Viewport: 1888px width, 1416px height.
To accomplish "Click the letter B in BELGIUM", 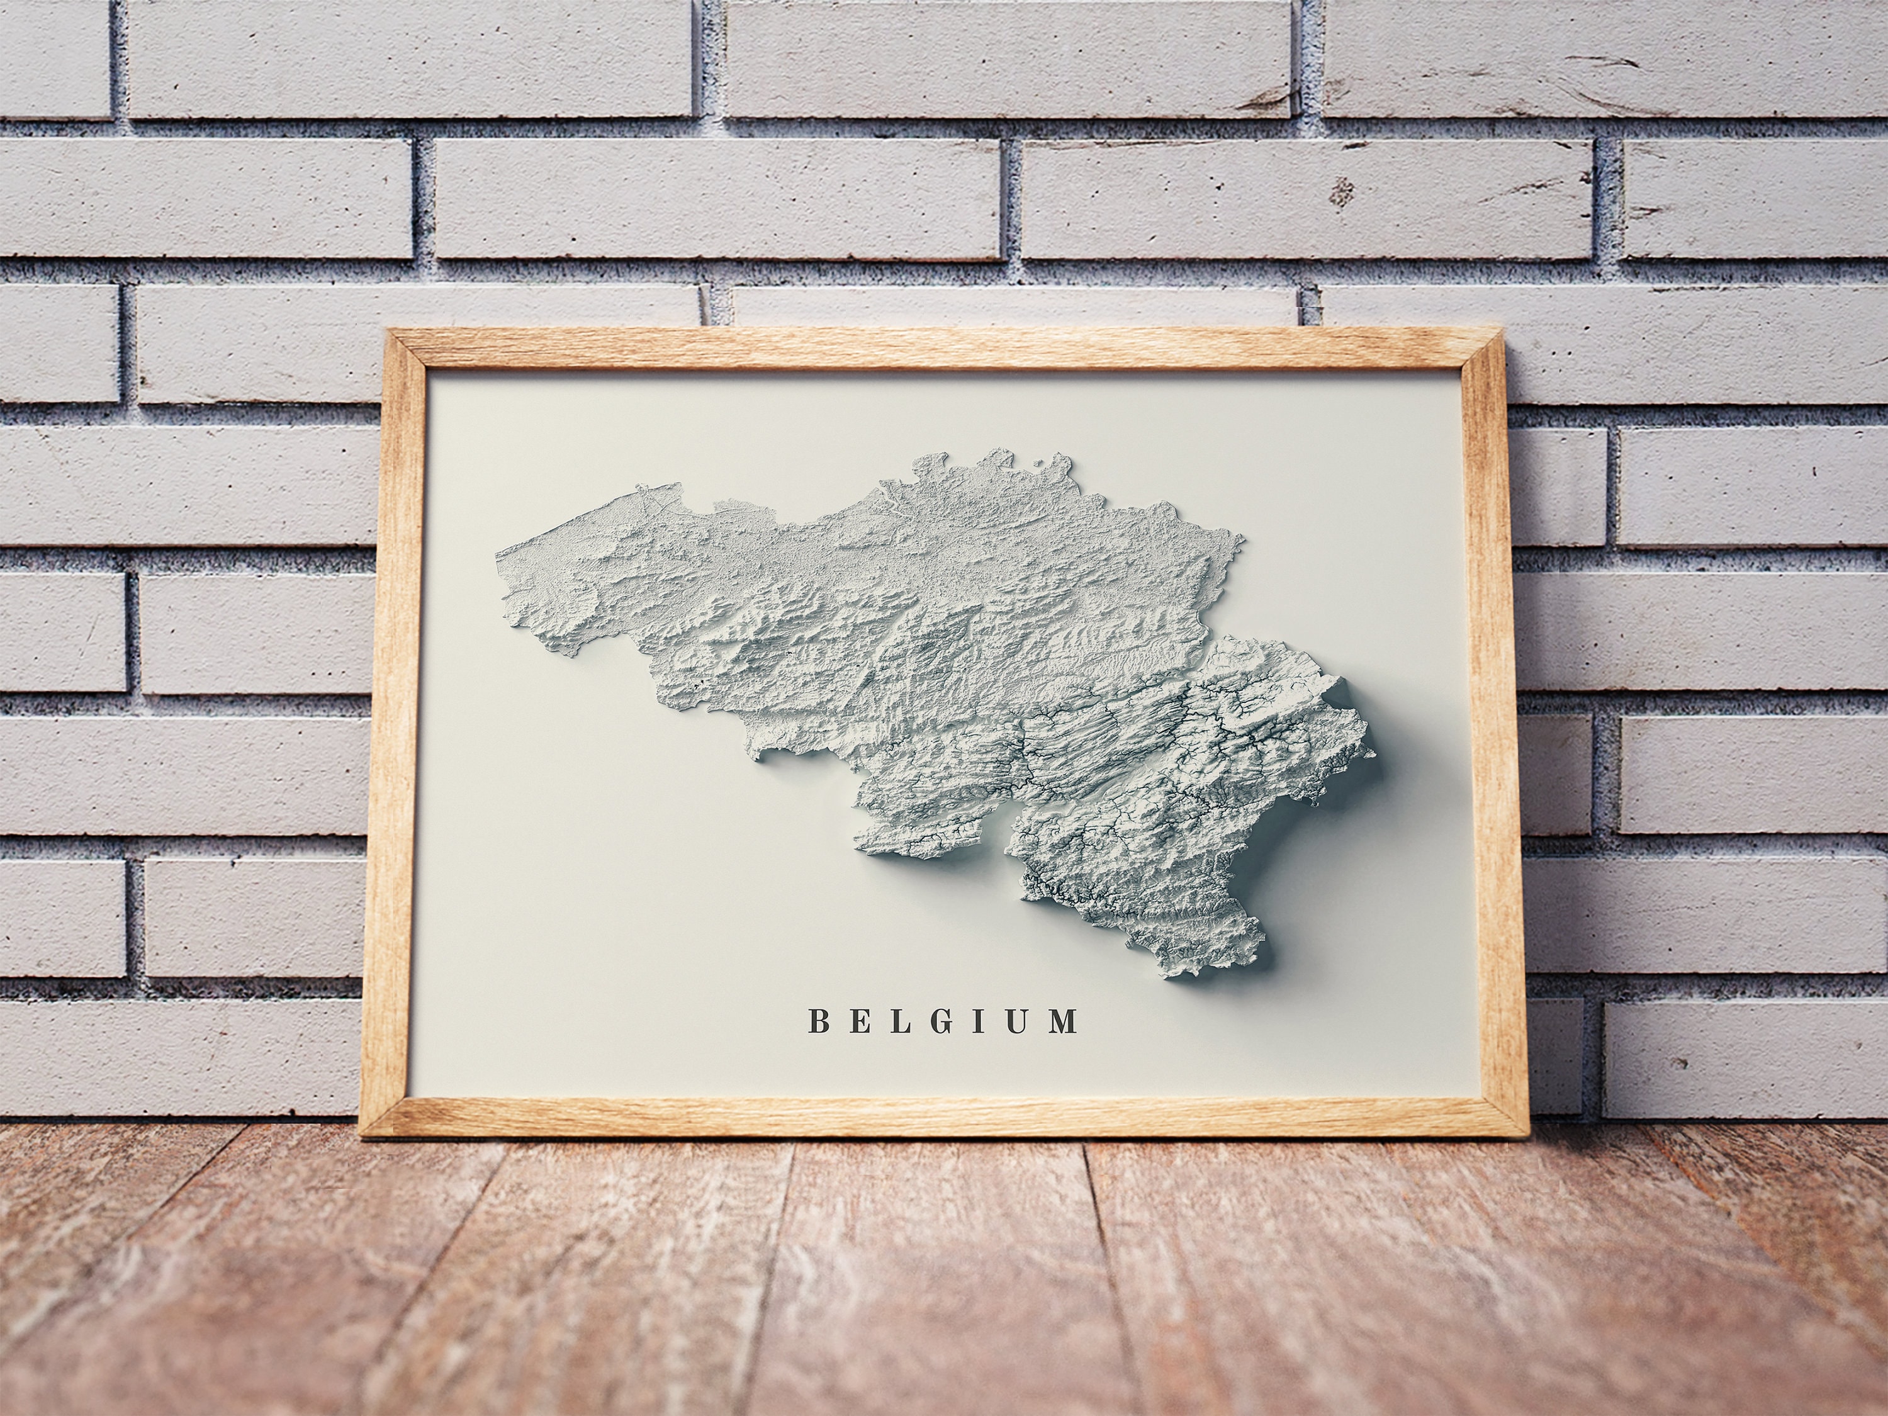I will click(817, 1021).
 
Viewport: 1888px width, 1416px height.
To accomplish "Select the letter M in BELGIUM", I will click(1064, 1021).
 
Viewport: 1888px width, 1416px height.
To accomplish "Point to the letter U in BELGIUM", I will click(1018, 1021).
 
